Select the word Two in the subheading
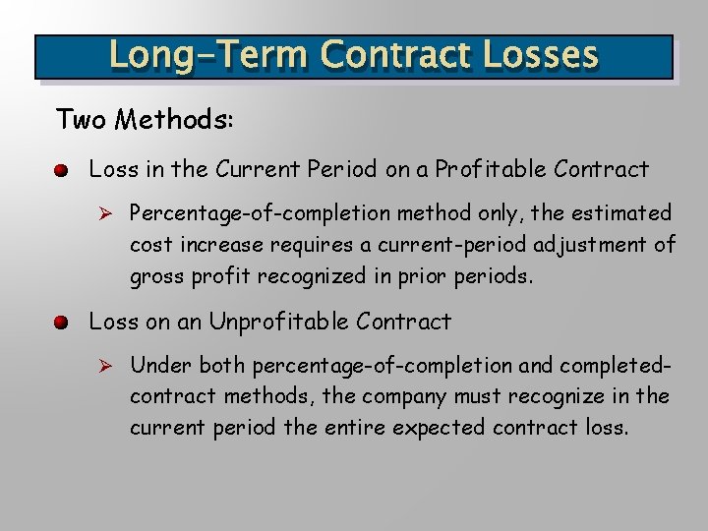coord(82,120)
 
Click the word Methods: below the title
coord(174,120)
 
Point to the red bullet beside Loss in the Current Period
coord(61,171)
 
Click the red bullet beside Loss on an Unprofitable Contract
coord(61,324)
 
